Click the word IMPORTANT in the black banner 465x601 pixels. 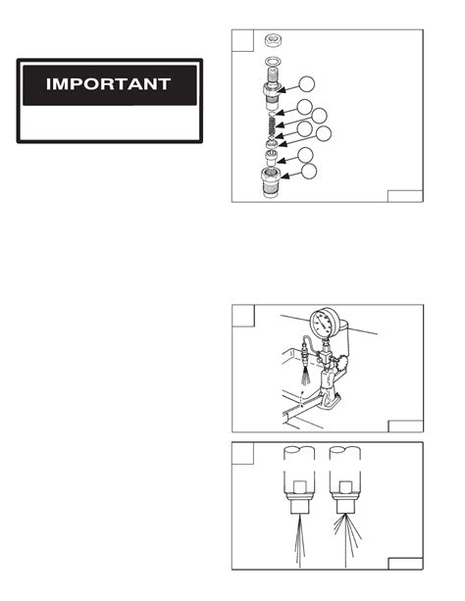coord(109,84)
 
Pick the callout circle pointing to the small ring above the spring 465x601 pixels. coord(307,107)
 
